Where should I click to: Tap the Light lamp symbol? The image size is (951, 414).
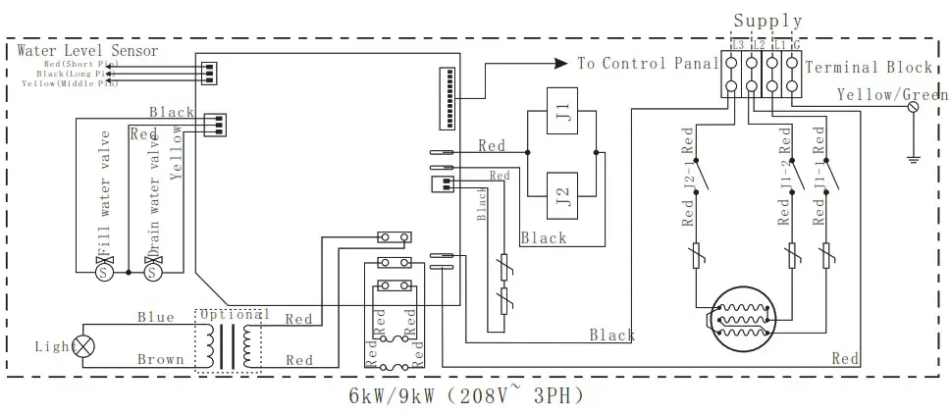click(x=84, y=345)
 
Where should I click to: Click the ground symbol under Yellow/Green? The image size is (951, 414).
click(x=914, y=153)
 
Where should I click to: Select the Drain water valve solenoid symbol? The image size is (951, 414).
click(x=152, y=272)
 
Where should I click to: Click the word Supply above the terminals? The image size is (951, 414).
click(x=767, y=20)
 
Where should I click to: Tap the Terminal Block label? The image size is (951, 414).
click(x=868, y=67)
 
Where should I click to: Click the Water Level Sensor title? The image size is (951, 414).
click(x=87, y=50)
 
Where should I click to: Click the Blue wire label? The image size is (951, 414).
click(x=155, y=317)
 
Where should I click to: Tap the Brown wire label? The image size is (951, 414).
click(x=160, y=360)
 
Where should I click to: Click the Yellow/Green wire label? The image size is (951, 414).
click(x=891, y=94)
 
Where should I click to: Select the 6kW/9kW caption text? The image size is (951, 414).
click(x=465, y=397)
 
